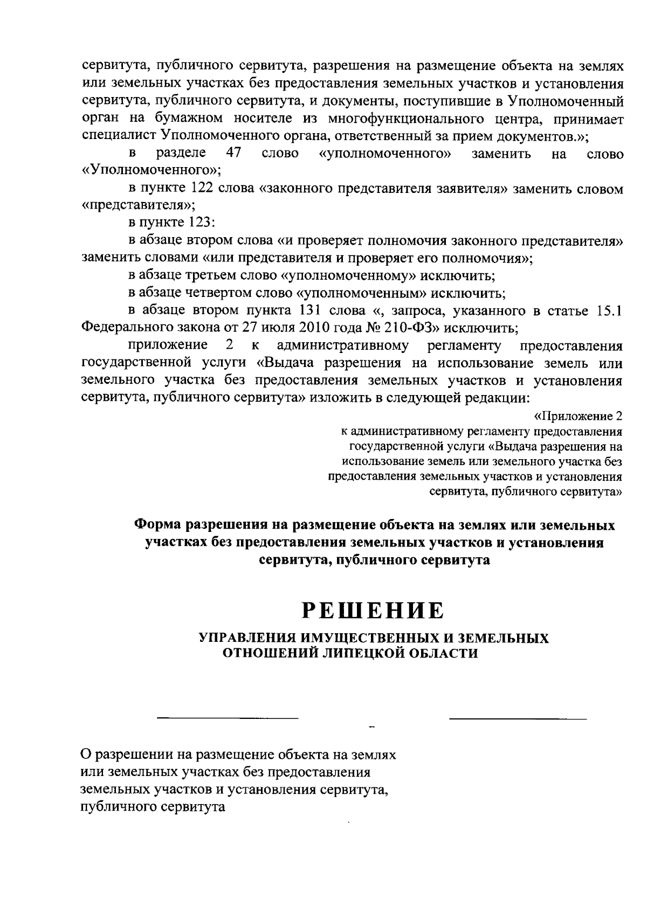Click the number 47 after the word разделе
[233, 153]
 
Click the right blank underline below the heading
[518, 718]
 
